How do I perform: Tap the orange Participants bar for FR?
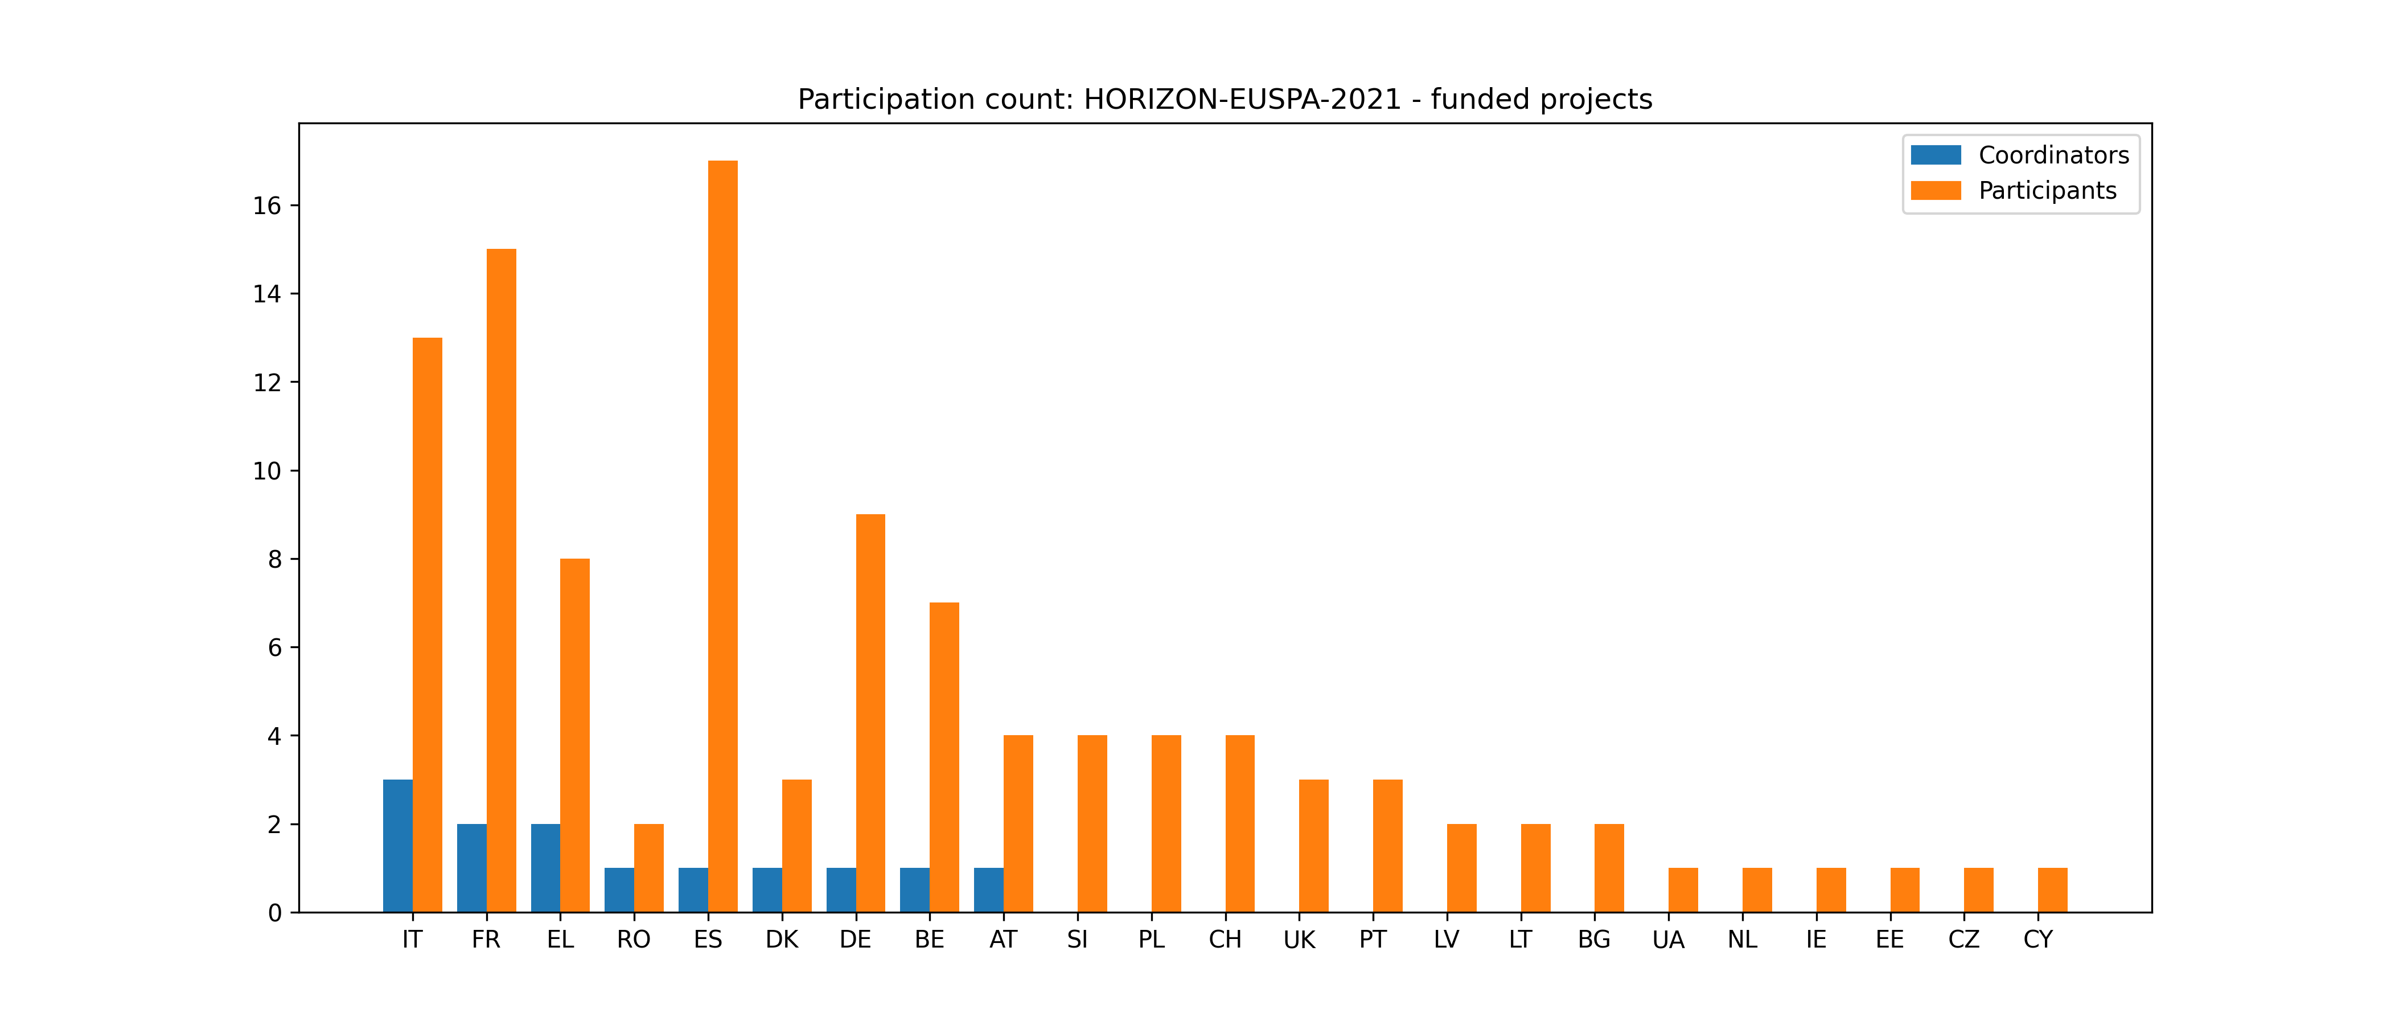[501, 580]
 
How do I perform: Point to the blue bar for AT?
[988, 891]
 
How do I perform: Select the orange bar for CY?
[2052, 891]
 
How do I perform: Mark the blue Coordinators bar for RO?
[619, 891]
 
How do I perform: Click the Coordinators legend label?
[2053, 155]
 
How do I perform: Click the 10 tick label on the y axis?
[268, 471]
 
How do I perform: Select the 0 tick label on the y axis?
[275, 913]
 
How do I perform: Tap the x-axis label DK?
[782, 940]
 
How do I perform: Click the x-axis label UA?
[1668, 940]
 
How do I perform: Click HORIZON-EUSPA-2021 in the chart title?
[1242, 99]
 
